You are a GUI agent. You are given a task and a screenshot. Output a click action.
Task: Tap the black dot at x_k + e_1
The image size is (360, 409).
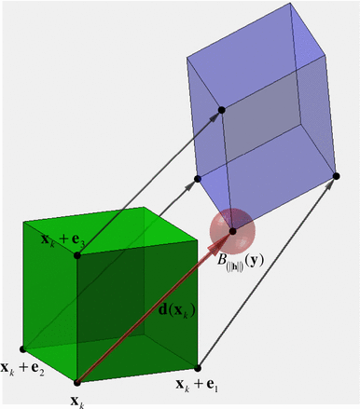tap(198, 366)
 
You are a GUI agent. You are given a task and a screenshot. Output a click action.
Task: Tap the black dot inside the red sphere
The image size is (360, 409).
tap(232, 229)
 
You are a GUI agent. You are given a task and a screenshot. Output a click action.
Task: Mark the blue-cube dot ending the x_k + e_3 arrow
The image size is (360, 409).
tap(222, 111)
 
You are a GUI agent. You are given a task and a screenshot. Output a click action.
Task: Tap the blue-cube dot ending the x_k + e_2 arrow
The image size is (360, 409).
tap(198, 177)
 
